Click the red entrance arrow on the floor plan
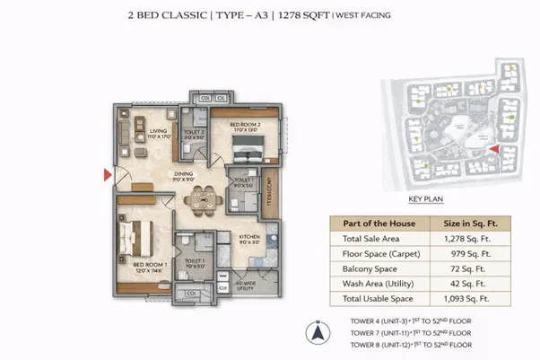[x=109, y=174]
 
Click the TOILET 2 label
[x=193, y=132]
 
